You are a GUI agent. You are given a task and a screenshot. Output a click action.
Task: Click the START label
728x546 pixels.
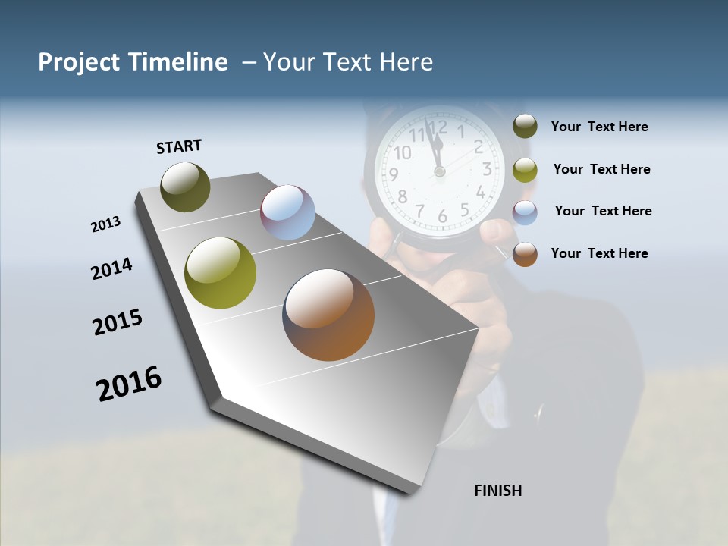click(179, 146)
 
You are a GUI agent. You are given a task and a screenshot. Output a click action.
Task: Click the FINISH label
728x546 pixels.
click(497, 491)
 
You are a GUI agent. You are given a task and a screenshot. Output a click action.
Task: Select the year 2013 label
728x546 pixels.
click(105, 224)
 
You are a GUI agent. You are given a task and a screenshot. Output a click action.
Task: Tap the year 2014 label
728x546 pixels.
click(111, 268)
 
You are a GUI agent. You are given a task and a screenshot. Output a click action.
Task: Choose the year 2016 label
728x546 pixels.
click(129, 384)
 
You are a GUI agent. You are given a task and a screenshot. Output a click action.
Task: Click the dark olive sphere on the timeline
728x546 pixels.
click(185, 187)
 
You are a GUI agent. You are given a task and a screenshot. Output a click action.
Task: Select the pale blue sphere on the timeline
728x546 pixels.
click(287, 212)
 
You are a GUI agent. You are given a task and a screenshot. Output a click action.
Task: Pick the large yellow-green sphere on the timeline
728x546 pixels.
click(221, 273)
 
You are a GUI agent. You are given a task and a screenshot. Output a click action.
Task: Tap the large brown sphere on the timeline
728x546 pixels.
click(328, 315)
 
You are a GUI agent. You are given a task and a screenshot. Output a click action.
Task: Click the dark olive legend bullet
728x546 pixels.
click(525, 126)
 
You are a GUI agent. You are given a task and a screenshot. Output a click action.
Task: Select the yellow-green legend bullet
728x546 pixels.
click(525, 170)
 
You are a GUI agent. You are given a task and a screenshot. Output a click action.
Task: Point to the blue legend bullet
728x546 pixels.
click(525, 212)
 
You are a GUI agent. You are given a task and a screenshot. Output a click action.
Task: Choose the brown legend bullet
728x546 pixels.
click(525, 254)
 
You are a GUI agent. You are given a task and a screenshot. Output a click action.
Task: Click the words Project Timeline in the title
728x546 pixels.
click(133, 62)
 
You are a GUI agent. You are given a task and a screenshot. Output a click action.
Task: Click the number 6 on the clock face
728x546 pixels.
click(442, 216)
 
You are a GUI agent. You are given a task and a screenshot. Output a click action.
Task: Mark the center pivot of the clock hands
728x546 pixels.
click(439, 172)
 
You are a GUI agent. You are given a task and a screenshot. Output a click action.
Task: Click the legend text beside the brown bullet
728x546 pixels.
click(599, 253)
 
